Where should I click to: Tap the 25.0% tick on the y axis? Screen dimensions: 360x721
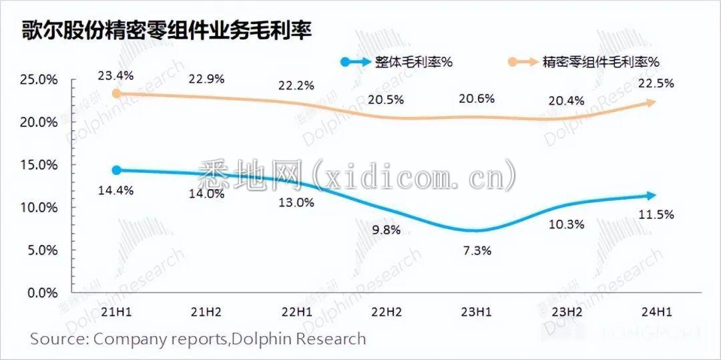(x=39, y=79)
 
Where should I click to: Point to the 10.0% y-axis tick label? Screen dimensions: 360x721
(x=39, y=208)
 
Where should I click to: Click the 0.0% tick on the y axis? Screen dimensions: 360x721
(x=42, y=293)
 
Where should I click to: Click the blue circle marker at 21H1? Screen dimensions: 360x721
(x=116, y=170)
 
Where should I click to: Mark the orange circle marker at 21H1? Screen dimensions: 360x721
(x=116, y=94)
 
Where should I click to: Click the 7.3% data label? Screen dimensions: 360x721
(x=477, y=251)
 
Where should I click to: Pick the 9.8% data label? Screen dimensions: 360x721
(x=385, y=230)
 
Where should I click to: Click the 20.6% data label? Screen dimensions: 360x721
(x=477, y=99)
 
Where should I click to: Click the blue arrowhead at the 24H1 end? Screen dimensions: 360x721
(x=652, y=196)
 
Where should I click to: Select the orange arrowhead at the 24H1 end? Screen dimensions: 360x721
(x=652, y=102)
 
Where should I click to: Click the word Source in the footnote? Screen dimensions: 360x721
(x=55, y=339)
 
